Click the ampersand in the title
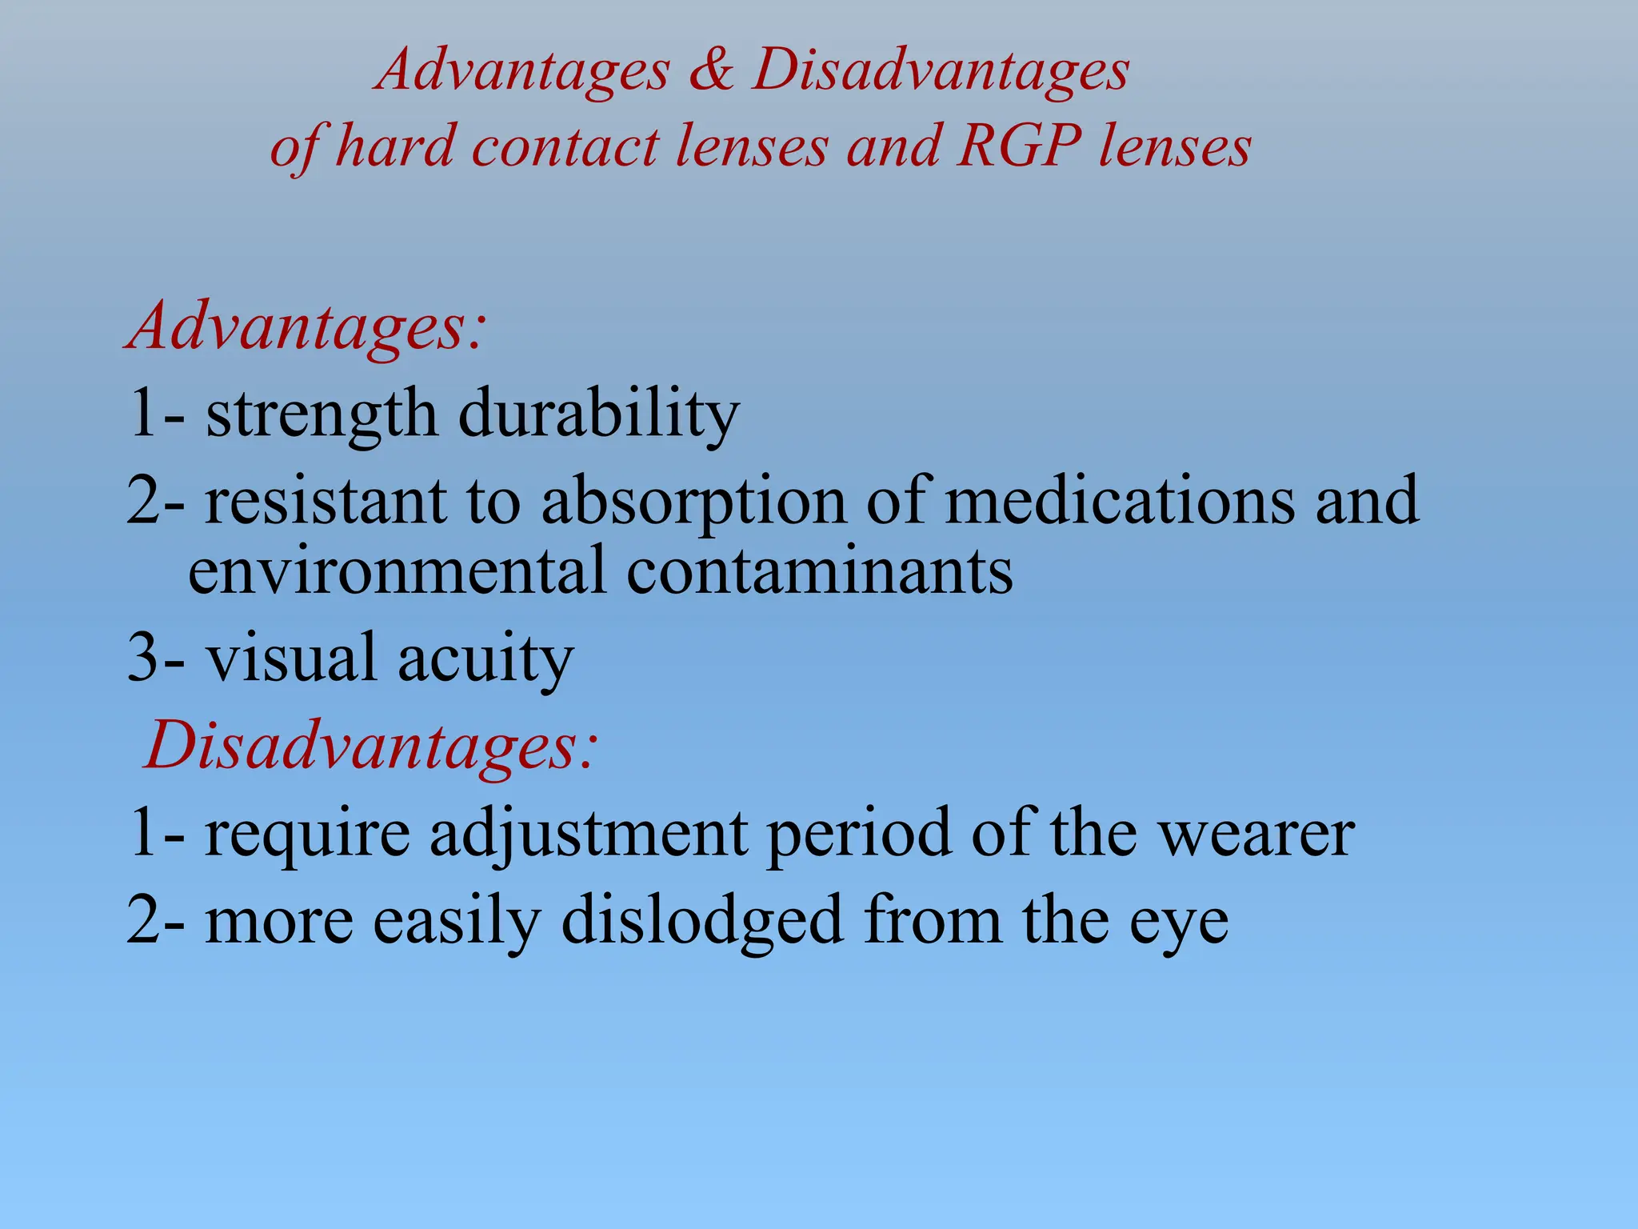(x=710, y=70)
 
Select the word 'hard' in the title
(x=394, y=147)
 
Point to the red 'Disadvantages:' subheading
(x=370, y=746)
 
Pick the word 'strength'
(x=322, y=414)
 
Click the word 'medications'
(x=1120, y=500)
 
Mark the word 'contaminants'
(x=819, y=570)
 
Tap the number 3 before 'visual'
(x=143, y=659)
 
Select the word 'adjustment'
(x=588, y=835)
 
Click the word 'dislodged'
(x=701, y=922)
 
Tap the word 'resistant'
(x=325, y=500)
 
